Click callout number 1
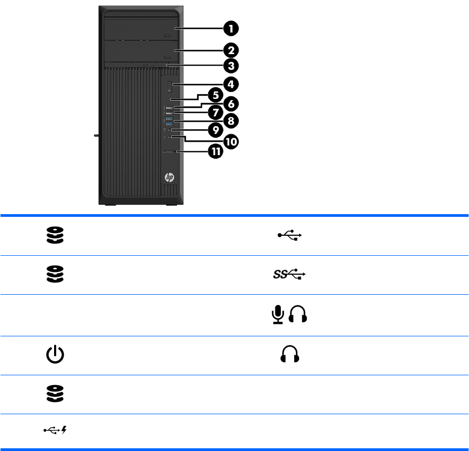[x=231, y=28]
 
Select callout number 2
[x=231, y=50]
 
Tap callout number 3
[x=231, y=67]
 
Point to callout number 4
[x=231, y=84]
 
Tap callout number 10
[x=231, y=141]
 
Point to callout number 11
[x=215, y=152]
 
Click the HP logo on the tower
[x=169, y=177]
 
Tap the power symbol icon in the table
[x=55, y=355]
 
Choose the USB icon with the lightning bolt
[x=55, y=431]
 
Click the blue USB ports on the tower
[x=169, y=121]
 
